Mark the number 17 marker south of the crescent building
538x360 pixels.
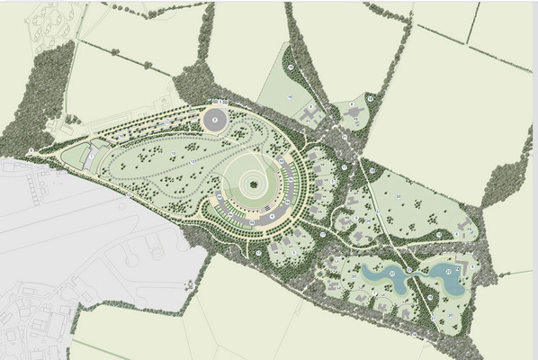click(258, 253)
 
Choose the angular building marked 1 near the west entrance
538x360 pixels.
click(90, 156)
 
